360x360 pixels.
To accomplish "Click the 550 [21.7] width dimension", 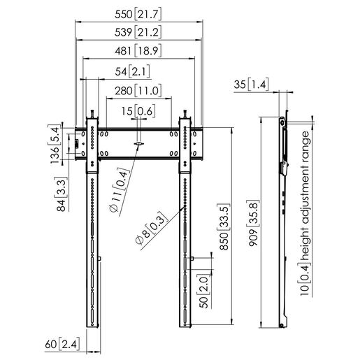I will pos(138,14).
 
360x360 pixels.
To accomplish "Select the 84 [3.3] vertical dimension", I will pos(62,195).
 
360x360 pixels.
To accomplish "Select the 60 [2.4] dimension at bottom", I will pos(59,343).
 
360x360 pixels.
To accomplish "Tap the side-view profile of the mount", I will pos(282,224).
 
